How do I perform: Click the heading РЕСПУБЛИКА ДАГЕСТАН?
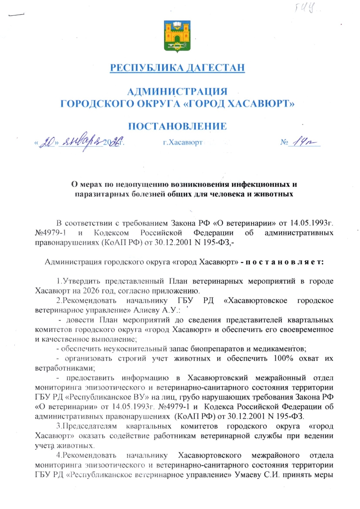click(177, 68)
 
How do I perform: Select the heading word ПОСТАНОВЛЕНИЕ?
click(177, 126)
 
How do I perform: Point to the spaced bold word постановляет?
click(286, 262)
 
